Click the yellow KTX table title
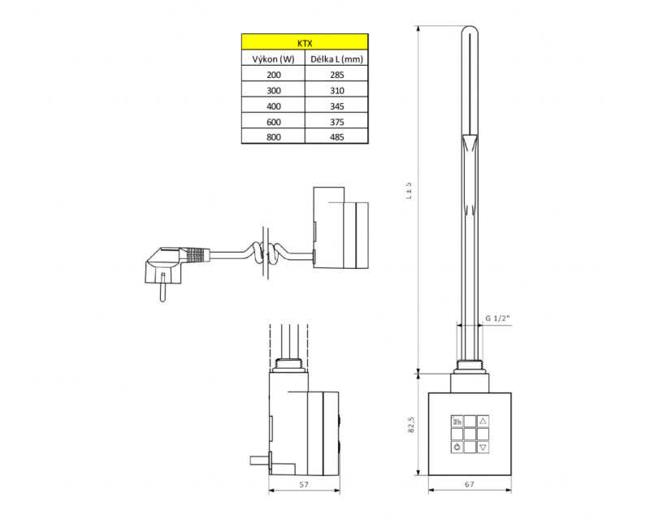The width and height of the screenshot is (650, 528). click(x=305, y=43)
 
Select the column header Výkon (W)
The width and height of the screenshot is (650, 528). click(x=273, y=59)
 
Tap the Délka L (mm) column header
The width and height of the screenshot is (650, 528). click(x=336, y=59)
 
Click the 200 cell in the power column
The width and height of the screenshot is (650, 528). click(x=274, y=75)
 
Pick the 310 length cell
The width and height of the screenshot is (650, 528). click(x=337, y=91)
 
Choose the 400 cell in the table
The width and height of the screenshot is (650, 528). click(x=274, y=106)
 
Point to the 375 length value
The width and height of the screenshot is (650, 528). click(x=337, y=123)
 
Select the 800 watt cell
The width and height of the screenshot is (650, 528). click(x=274, y=137)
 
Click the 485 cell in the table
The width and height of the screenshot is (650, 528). click(x=337, y=137)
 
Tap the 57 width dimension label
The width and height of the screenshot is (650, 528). click(x=304, y=484)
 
